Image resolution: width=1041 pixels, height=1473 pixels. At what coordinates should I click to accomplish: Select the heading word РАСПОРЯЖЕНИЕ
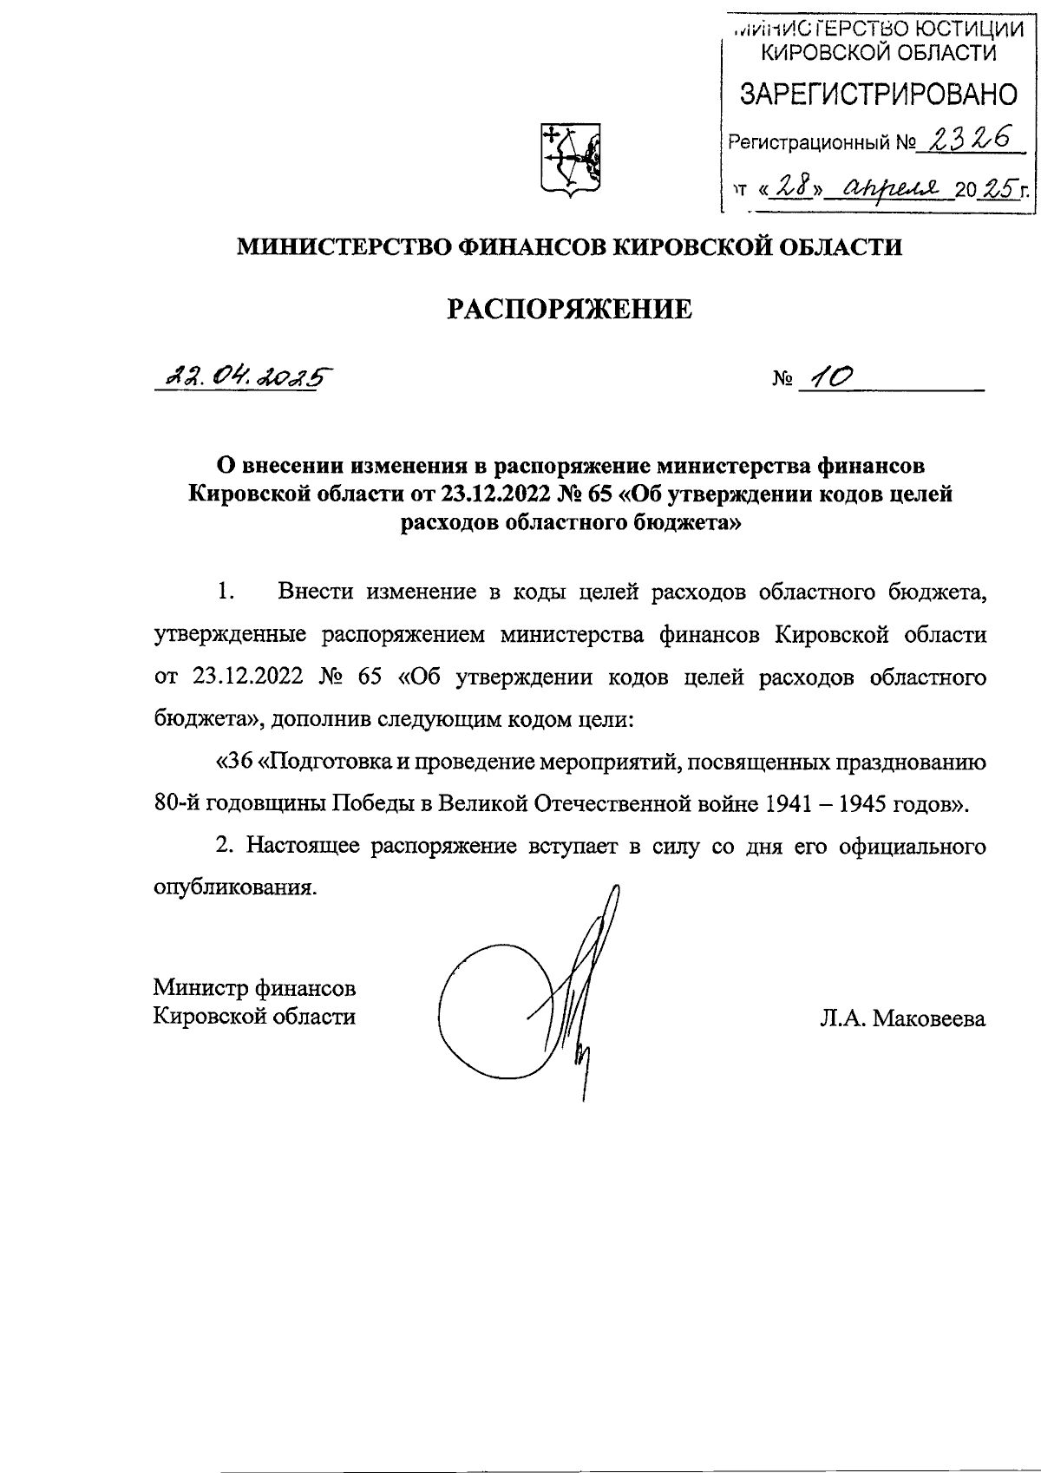570,310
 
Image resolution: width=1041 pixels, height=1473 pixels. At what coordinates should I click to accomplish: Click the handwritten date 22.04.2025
244,376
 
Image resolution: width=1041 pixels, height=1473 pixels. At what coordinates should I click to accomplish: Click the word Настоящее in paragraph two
304,846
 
